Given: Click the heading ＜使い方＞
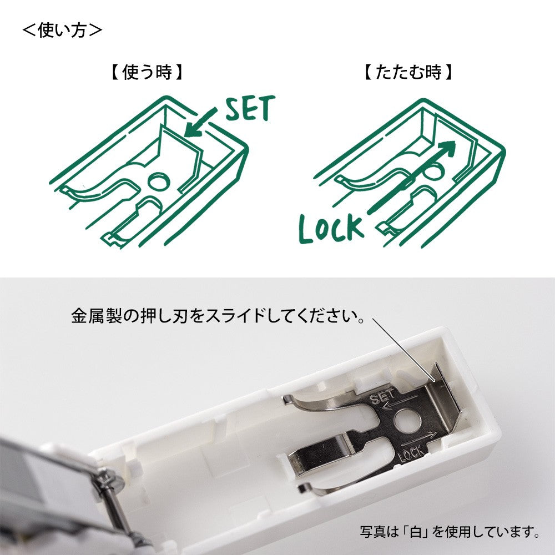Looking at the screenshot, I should click(x=62, y=30).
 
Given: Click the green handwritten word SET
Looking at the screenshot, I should click(x=250, y=109).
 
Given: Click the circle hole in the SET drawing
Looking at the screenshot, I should click(x=158, y=181).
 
